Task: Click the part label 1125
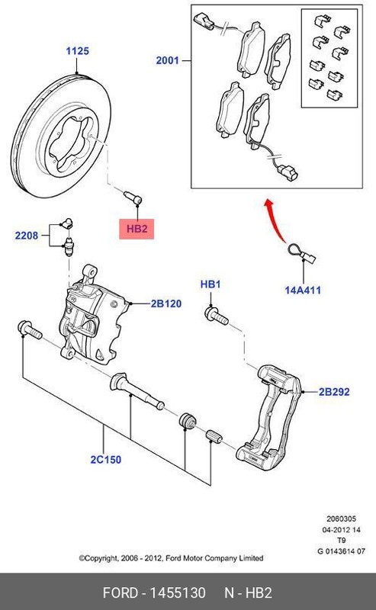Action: pos(77,51)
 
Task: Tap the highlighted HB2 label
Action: pos(136,228)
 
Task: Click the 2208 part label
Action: pos(26,236)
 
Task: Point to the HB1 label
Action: pos(210,284)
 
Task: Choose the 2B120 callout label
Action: pos(166,303)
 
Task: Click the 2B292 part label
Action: pos(334,392)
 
